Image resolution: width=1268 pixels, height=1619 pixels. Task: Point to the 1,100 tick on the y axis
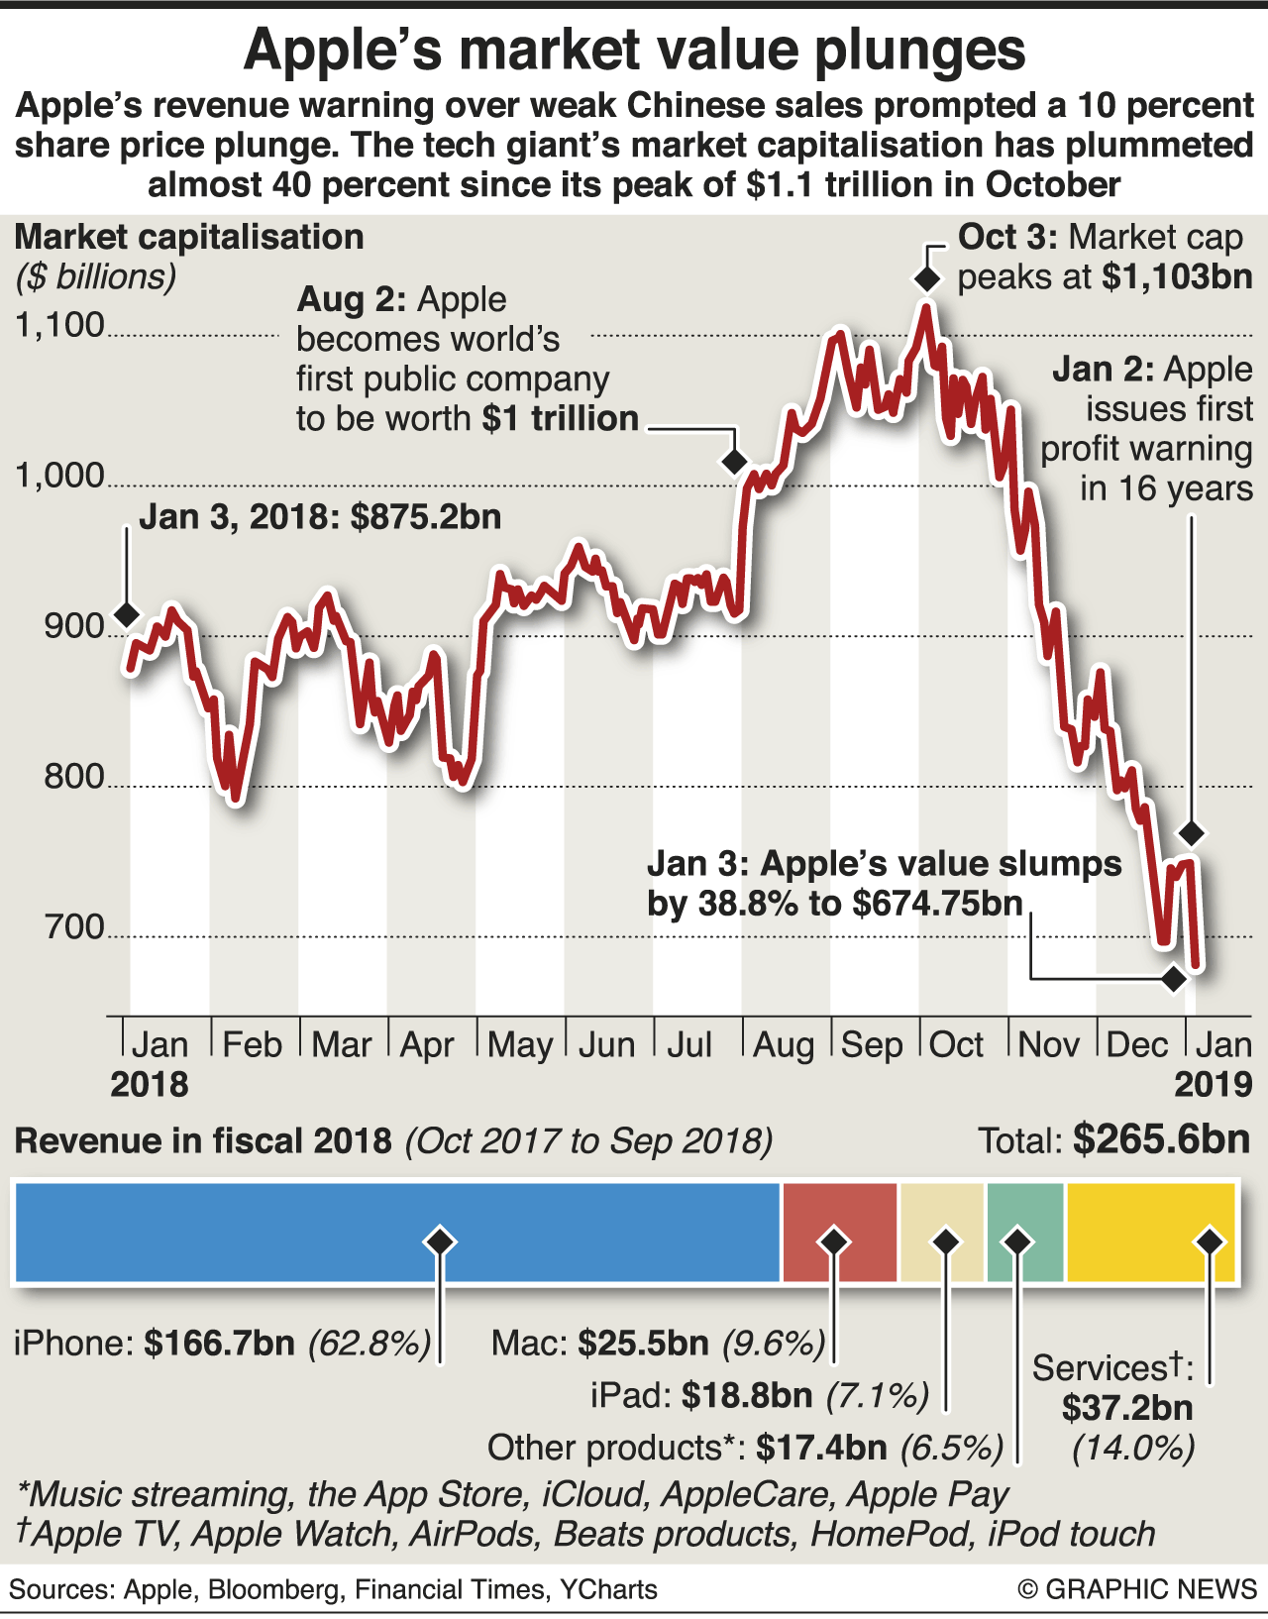point(59,325)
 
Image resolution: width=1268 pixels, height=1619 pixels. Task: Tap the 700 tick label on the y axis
point(74,926)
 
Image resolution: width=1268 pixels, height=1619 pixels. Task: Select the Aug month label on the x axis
point(783,1044)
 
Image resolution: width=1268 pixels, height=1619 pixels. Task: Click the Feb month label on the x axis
point(252,1044)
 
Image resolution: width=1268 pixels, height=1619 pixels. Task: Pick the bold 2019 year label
point(1214,1085)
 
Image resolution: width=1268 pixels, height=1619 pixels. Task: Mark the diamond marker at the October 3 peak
point(926,279)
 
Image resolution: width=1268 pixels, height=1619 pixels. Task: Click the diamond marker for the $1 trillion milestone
point(734,461)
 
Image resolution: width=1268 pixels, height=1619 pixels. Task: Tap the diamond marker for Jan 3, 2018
point(126,614)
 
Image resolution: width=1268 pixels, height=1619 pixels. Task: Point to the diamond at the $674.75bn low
point(1174,979)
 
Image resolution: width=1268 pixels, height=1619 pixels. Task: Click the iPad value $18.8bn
point(747,1396)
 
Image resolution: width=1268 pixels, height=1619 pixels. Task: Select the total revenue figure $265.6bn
point(1161,1139)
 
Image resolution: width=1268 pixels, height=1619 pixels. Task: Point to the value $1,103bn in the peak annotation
point(1177,276)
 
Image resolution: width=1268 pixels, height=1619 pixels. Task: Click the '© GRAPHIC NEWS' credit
point(1137,1589)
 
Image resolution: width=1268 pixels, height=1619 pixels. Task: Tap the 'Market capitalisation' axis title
point(189,238)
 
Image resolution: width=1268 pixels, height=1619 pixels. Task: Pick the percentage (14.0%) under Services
point(1133,1449)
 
